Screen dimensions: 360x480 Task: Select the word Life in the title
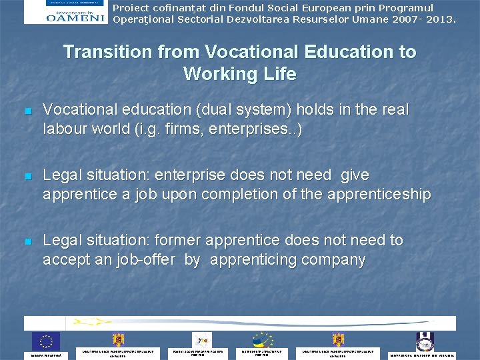pyautogui.click(x=279, y=73)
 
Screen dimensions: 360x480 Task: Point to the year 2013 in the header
pyautogui.click(x=439, y=19)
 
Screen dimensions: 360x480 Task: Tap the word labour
pyautogui.click(x=65, y=129)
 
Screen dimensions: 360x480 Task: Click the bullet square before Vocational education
pyautogui.click(x=27, y=111)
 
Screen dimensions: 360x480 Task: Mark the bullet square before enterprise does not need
pyautogui.click(x=27, y=176)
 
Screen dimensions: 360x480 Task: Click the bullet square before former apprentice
pyautogui.click(x=27, y=241)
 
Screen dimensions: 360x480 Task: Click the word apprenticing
pyautogui.click(x=247, y=259)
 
